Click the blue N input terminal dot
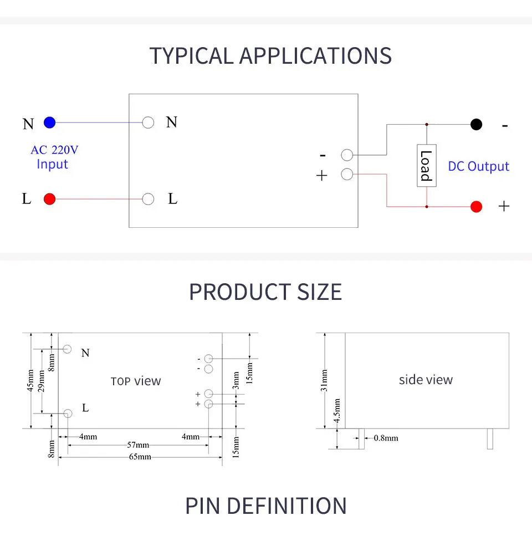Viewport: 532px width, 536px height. coord(49,122)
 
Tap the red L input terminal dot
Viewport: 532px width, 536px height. coord(49,199)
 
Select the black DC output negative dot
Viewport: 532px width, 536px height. coord(476,124)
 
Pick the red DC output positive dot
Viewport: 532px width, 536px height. coord(476,207)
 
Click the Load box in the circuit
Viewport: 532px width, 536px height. coord(426,165)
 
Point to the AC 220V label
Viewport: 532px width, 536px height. coord(54,150)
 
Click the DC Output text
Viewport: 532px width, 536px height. coord(478,166)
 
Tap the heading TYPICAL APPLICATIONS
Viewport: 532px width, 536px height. coord(270,56)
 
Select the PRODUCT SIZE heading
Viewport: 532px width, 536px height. coord(265,292)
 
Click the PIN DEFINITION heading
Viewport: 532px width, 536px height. coord(266,506)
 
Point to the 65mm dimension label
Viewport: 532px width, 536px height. coord(140,457)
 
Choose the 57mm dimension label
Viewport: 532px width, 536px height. coord(138,445)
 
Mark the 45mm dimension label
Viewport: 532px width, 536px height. coord(30,380)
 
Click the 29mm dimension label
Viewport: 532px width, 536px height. coord(41,381)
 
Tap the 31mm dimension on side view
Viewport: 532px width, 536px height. coord(324,380)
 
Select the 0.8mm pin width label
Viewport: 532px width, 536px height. coord(386,438)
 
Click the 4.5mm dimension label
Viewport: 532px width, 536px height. coord(337,411)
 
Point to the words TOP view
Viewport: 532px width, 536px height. coord(136,381)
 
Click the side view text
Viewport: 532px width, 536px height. coord(426,380)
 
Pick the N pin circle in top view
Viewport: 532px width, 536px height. coord(67,349)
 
